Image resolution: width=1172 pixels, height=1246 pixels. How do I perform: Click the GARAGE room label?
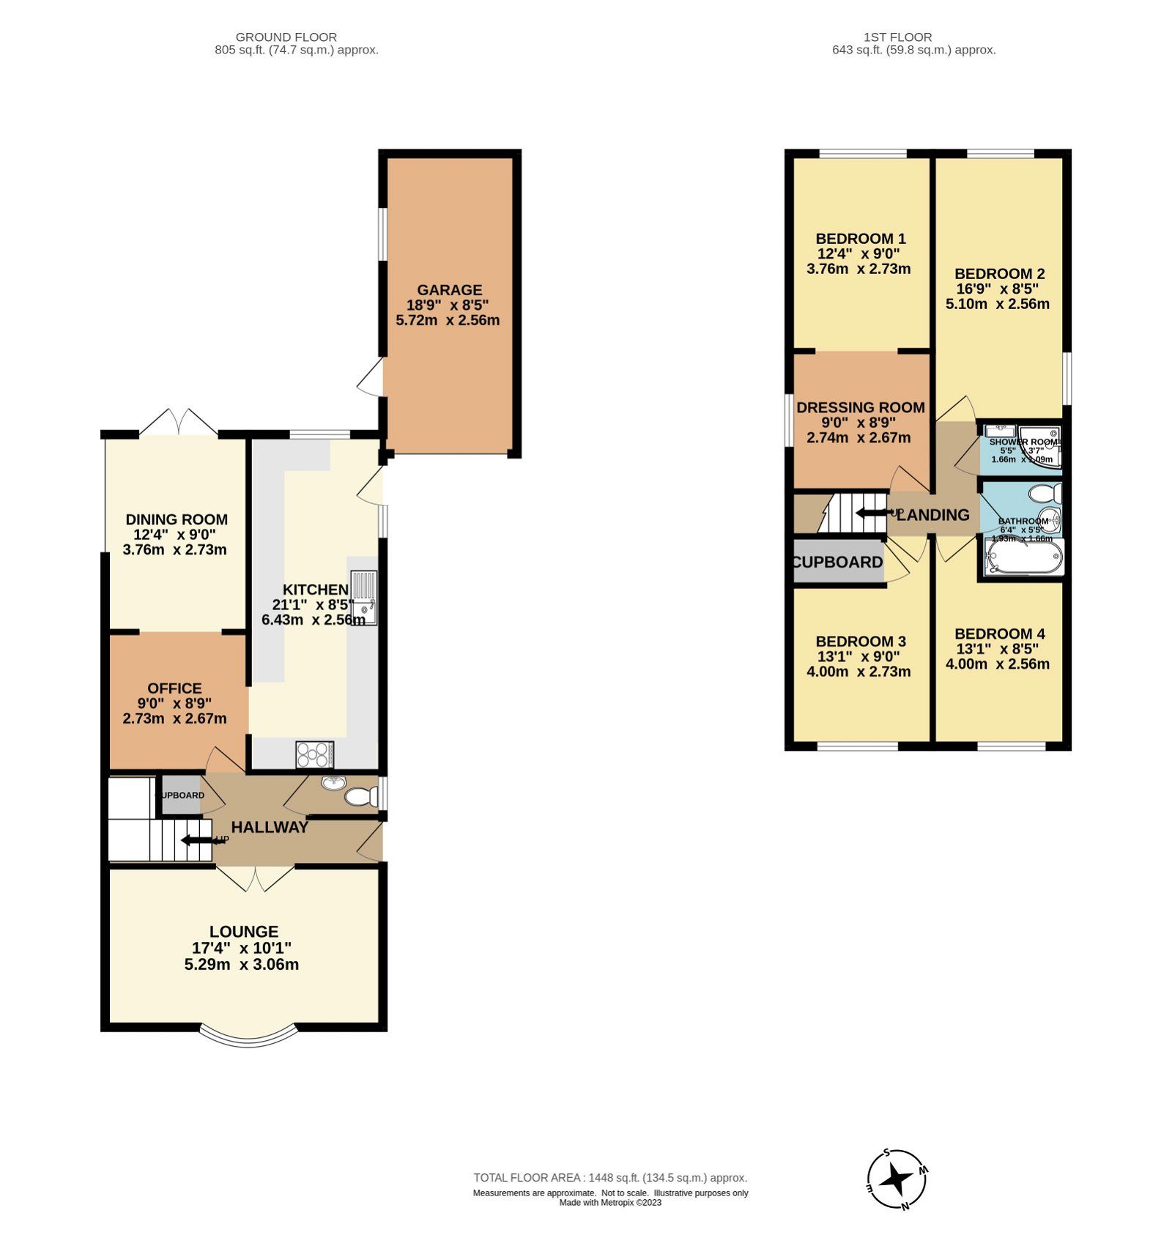pos(449,289)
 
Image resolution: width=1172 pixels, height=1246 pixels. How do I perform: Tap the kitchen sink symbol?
pos(363,598)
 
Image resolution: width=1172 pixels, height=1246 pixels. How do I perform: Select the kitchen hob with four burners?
pos(315,754)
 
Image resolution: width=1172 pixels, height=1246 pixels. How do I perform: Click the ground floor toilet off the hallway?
pos(359,796)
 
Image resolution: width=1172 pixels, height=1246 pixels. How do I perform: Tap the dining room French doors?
pos(179,423)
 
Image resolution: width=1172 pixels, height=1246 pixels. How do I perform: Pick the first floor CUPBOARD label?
pos(838,562)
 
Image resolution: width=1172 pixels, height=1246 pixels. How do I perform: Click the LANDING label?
pos(932,515)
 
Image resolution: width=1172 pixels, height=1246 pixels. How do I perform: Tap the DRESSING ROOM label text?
pos(860,407)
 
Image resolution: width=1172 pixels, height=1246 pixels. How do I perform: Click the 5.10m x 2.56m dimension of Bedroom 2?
pos(997,304)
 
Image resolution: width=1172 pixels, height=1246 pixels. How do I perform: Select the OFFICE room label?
pos(174,688)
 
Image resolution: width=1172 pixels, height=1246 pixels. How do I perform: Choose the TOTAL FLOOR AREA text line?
pos(609,1178)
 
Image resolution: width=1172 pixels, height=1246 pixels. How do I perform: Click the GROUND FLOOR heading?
pos(286,37)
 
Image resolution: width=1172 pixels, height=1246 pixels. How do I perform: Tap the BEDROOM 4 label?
pos(999,634)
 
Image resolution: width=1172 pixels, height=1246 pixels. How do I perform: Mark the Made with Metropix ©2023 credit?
pos(609,1202)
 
